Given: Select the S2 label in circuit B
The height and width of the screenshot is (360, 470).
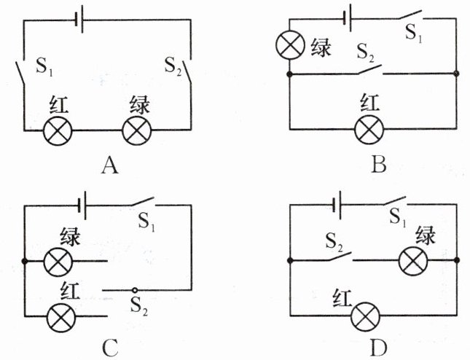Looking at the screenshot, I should click(368, 52).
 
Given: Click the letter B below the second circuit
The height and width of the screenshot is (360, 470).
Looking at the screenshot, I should click(378, 166).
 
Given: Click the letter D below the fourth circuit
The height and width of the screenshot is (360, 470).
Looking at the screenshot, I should click(378, 348).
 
